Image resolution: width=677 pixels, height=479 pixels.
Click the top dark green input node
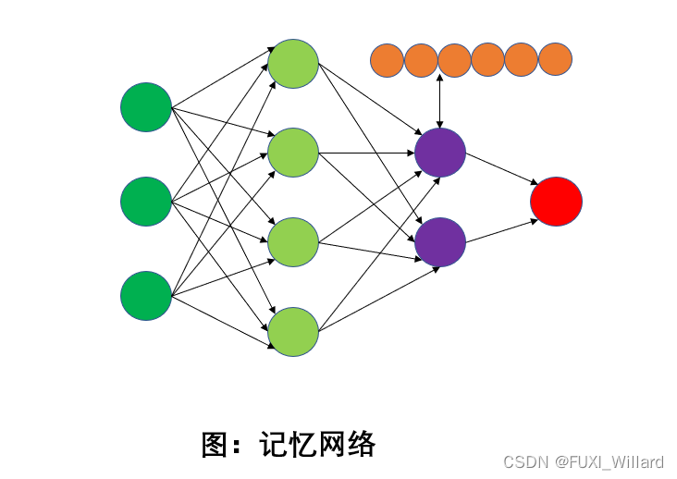click(x=146, y=107)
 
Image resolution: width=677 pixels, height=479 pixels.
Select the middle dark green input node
click(x=146, y=201)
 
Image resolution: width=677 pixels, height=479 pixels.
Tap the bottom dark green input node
click(x=146, y=296)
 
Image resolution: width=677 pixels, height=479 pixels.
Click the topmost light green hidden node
click(x=293, y=64)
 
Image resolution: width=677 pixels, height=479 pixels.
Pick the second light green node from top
click(x=293, y=153)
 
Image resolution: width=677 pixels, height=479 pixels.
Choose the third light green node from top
click(x=293, y=242)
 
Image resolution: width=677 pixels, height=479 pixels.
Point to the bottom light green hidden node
click(x=293, y=332)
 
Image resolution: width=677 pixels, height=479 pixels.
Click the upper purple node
click(x=440, y=153)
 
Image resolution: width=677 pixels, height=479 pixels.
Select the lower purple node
click(x=440, y=242)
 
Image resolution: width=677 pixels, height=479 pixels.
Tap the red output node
click(x=556, y=201)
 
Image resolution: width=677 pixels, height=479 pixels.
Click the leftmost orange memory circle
click(x=388, y=60)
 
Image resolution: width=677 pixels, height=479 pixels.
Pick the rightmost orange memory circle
click(x=555, y=60)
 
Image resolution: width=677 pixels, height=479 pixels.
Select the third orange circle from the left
click(x=454, y=60)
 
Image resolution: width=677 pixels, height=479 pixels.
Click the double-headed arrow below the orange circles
click(x=440, y=102)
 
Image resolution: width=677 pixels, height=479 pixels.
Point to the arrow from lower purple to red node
click(x=499, y=231)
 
